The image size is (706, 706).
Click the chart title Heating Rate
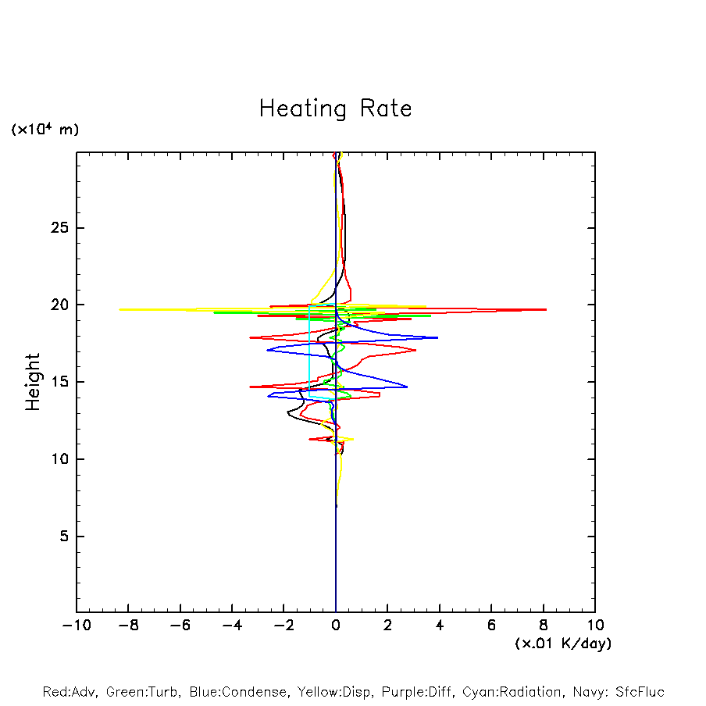[x=335, y=109]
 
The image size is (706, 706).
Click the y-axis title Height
[x=33, y=382]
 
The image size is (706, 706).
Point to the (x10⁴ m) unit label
[x=45, y=130]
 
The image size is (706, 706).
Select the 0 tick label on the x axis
[x=336, y=626]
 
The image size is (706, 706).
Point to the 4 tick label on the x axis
[x=440, y=626]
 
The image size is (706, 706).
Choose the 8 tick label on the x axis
[x=544, y=626]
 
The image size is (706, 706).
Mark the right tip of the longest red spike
[x=546, y=309]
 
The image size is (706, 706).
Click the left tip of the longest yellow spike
[x=119, y=309]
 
